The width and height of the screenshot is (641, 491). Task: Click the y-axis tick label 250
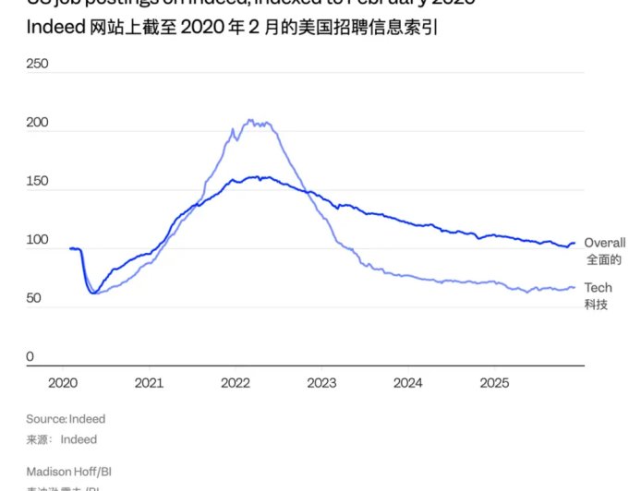37,65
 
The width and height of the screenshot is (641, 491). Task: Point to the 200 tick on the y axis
37,123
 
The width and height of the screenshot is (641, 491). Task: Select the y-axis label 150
37,182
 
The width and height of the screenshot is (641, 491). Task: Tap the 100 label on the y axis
37,240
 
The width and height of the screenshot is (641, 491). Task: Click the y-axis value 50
34,299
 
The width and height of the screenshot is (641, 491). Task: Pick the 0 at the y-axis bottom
30,357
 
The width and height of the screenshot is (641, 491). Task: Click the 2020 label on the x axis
62,382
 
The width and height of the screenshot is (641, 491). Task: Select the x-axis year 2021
149,382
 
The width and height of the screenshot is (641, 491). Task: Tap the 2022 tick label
236,382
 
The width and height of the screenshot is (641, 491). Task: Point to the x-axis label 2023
321,382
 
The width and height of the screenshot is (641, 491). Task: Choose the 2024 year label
408,382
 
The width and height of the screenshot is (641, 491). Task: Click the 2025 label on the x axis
495,382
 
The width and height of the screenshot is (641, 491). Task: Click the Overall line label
604,243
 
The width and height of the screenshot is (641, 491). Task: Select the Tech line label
598,288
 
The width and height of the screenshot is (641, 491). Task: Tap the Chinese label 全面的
603,259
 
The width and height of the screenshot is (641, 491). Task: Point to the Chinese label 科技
596,305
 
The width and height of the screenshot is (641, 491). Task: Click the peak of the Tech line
250,120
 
